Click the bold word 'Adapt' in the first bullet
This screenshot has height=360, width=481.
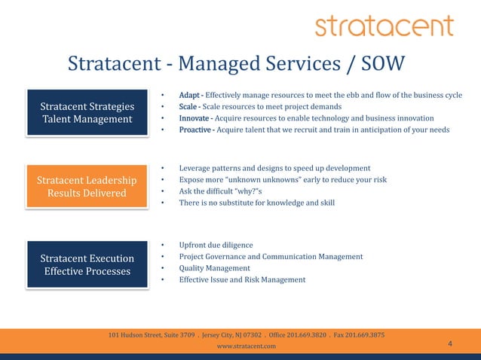189,95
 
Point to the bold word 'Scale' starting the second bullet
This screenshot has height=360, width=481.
188,107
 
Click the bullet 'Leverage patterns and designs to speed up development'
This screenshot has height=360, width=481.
274,168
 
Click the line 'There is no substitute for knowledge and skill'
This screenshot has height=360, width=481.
256,203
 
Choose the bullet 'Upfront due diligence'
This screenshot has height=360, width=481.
216,245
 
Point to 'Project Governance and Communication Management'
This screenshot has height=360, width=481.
271,257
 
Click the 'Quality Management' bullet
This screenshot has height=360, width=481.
214,268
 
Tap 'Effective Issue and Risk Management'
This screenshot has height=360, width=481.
242,279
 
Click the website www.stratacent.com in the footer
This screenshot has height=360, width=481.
246,346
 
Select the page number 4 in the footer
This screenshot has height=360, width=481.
450,344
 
